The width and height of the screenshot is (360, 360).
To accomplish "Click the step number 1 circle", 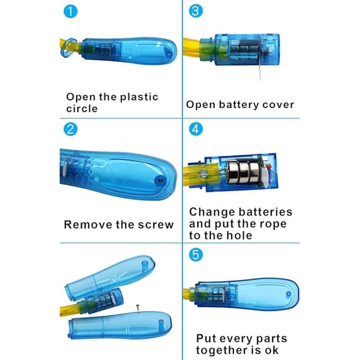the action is pos(71,11).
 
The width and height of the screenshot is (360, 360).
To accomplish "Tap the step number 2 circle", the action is pos(71,129).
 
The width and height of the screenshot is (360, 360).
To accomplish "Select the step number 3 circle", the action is pos(196,11).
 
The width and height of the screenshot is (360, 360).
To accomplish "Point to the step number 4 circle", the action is pos(196,129).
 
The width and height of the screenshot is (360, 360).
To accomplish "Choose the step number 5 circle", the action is pos(196,254).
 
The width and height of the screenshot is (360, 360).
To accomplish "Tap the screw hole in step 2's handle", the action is pos(160,181).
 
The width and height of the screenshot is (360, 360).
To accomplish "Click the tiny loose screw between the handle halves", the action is pos(138,307).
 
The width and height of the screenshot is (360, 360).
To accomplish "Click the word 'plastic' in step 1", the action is pos(140,97).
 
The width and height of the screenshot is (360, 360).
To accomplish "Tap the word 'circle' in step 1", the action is pos(82,109).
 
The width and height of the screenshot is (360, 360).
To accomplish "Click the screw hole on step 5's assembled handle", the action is pos(289,294).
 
